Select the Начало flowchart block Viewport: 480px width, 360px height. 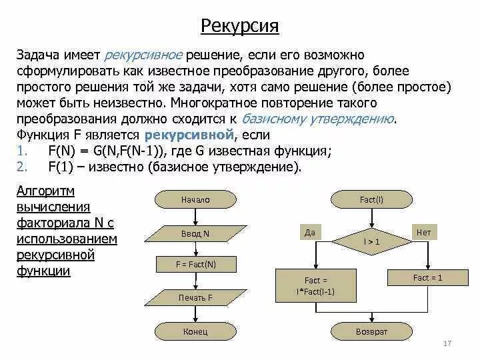click(x=195, y=199)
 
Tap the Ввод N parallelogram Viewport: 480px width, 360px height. click(x=195, y=233)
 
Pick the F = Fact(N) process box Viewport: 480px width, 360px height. click(x=195, y=265)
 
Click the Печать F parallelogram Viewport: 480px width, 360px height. click(x=195, y=297)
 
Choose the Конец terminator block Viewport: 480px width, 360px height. click(x=195, y=331)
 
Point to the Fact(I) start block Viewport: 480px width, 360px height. click(x=371, y=199)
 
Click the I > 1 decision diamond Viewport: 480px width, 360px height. click(x=371, y=241)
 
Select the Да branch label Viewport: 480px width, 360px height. click(x=309, y=233)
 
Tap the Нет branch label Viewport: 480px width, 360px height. click(x=423, y=233)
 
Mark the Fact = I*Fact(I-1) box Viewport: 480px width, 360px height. click(x=315, y=285)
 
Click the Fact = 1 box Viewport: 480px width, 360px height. click(x=427, y=277)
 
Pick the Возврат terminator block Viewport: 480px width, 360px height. click(x=371, y=331)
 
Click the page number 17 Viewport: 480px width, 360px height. click(x=447, y=343)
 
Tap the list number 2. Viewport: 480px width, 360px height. click(x=21, y=166)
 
